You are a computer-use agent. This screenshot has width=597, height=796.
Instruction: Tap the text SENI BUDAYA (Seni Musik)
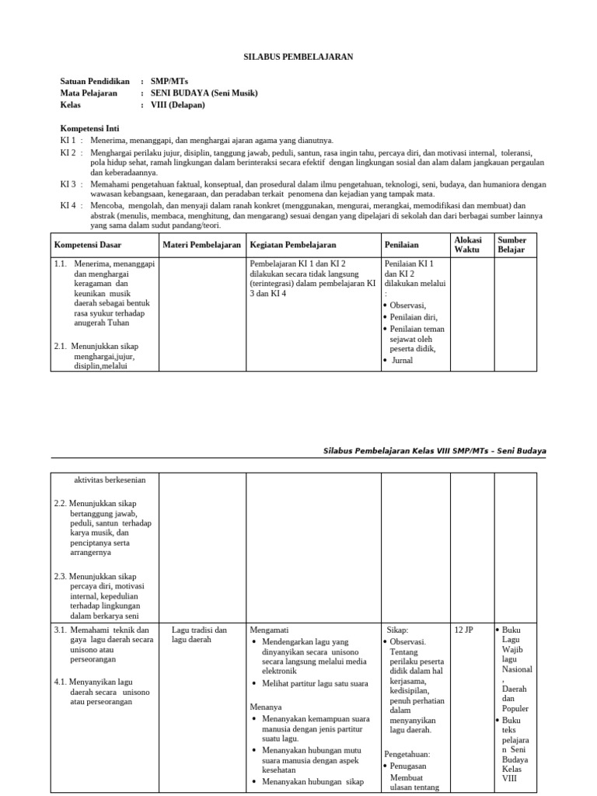pos(204,93)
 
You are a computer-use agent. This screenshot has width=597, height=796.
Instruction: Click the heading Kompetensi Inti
pos(90,127)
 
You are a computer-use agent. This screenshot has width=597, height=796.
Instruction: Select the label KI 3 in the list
pos(68,184)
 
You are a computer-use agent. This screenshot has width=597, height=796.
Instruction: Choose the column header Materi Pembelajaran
pos(201,245)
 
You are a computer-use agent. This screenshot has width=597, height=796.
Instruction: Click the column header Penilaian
pos(402,245)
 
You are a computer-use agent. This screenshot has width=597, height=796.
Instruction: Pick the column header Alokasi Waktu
pos(469,245)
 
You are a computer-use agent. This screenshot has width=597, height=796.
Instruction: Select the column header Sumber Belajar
pos(511,245)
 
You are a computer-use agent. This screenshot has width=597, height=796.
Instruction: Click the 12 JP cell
pos(463,630)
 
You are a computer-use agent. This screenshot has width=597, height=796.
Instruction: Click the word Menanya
pos(265,707)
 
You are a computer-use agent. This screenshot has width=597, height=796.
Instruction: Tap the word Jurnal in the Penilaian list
pos(402,361)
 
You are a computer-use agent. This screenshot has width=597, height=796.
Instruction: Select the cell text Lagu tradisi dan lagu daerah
pos(199,634)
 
